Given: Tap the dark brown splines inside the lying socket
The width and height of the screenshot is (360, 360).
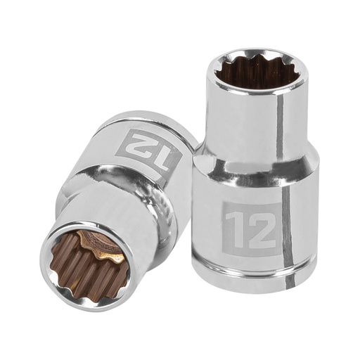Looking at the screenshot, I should point(77,274).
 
